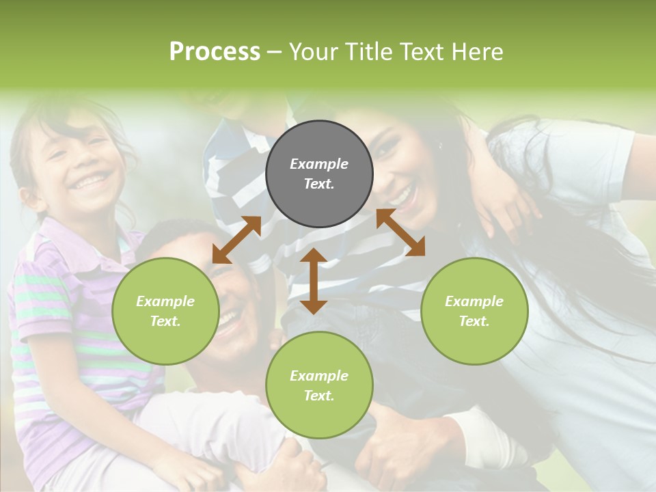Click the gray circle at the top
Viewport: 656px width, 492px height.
tap(319, 174)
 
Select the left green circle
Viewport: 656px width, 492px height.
tap(165, 311)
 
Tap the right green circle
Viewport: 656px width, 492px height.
tap(474, 311)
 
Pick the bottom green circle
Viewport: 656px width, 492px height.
tap(319, 385)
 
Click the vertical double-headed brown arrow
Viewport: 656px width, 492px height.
tap(314, 281)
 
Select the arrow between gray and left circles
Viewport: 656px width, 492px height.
tap(236, 240)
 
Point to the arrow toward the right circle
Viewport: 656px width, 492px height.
tap(400, 232)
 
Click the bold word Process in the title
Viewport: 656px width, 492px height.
tap(215, 51)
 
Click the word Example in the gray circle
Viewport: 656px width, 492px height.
tap(319, 164)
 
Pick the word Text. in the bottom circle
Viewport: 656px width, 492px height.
tap(319, 396)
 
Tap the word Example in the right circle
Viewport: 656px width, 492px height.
tap(474, 301)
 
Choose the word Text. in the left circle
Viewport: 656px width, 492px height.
tap(165, 321)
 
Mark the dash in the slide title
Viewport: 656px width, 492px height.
tap(274, 52)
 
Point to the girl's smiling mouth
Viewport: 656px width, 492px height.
tap(91, 181)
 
